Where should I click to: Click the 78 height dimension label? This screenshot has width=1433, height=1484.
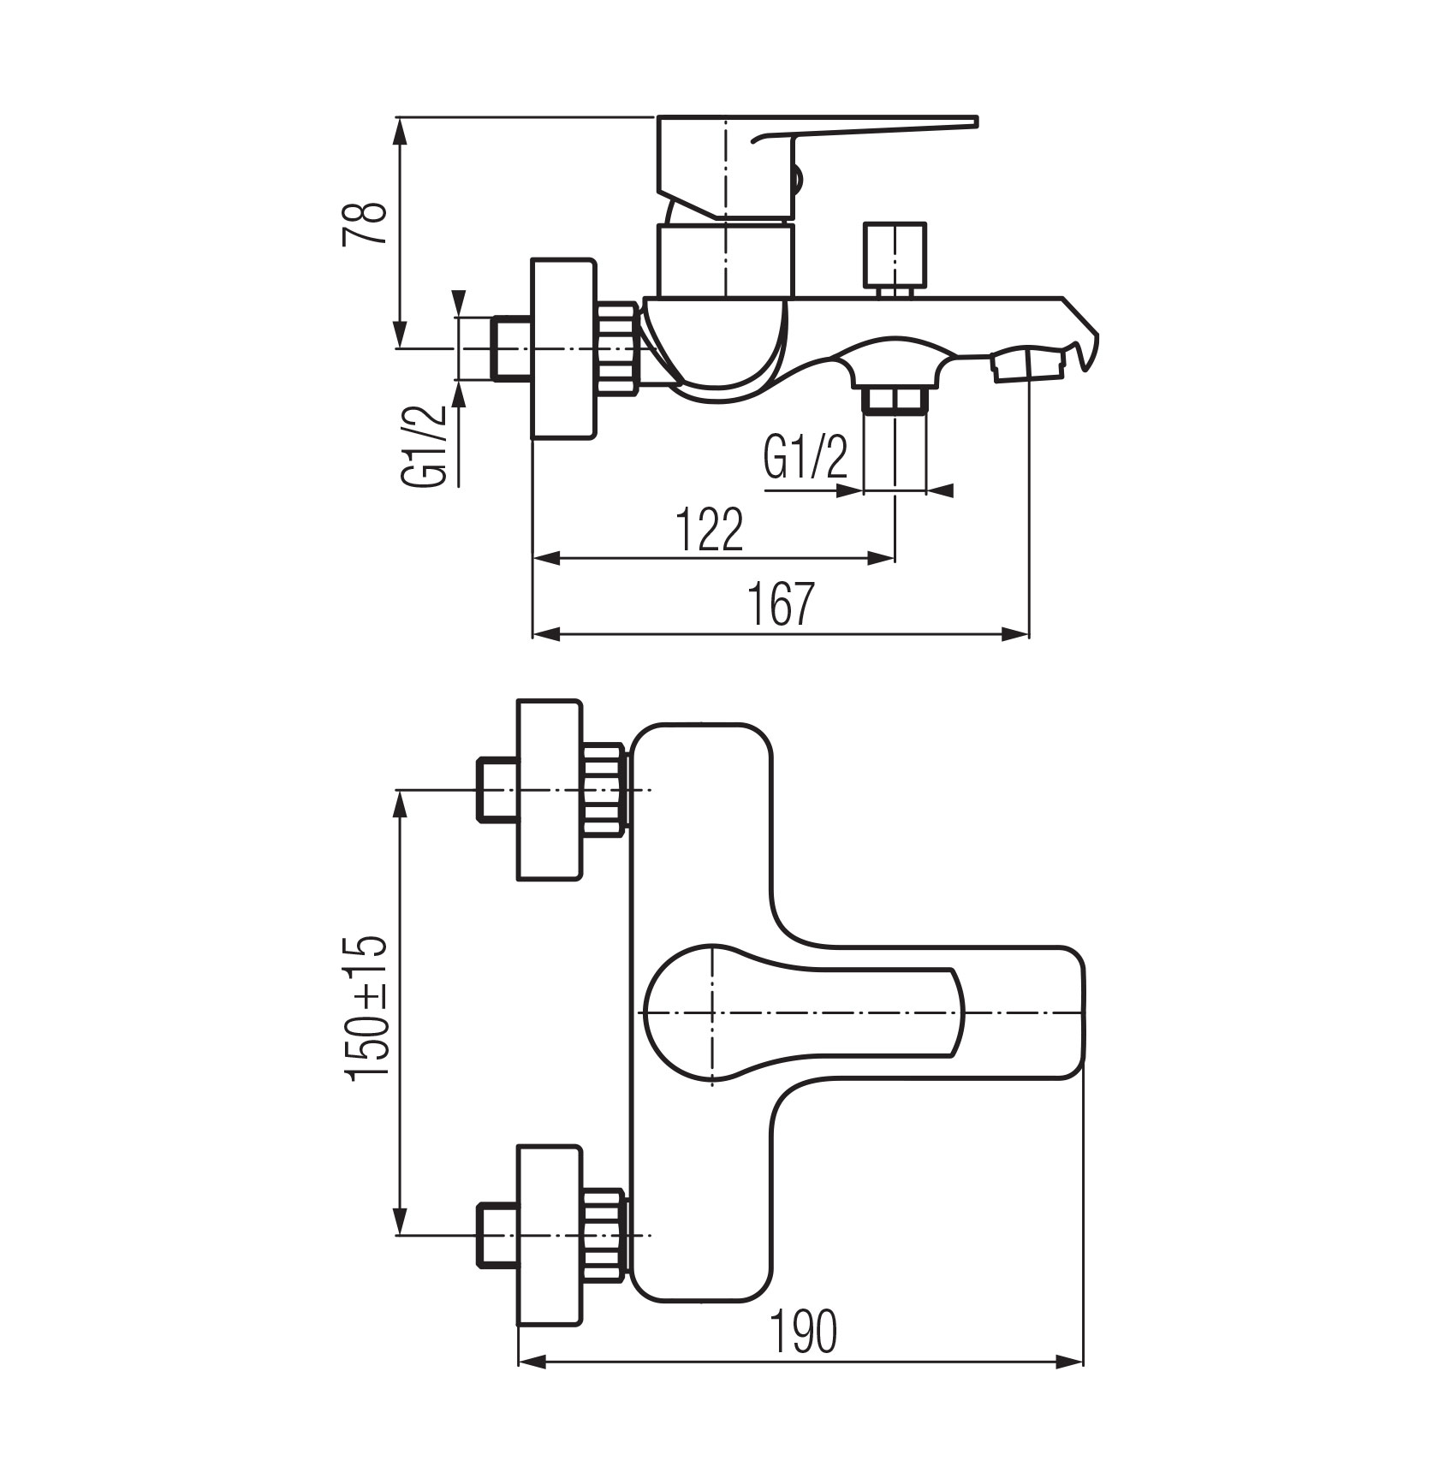[365, 224]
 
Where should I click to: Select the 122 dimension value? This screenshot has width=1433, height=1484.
[710, 530]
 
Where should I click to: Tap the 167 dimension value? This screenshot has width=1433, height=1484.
[780, 604]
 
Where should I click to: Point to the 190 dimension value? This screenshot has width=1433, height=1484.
[803, 1333]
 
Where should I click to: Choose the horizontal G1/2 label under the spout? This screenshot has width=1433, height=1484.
[805, 458]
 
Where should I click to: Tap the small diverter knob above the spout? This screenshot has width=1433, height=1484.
[895, 254]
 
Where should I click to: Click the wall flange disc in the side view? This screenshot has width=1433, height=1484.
[562, 349]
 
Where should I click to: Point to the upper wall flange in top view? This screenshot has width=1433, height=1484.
[550, 789]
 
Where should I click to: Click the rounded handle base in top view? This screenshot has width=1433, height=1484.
[685, 1013]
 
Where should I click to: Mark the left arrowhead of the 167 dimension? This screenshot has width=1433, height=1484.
[546, 634]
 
